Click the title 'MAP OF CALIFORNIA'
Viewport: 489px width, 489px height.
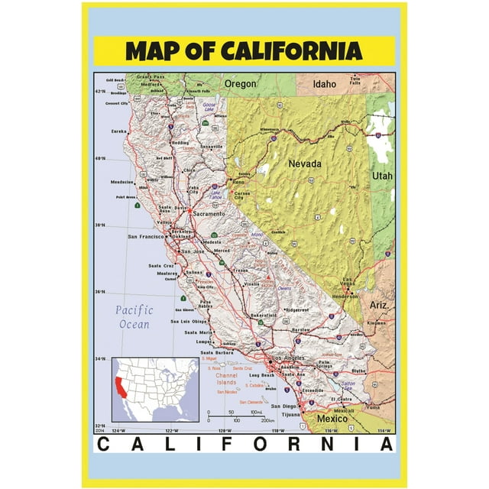[x=244, y=51]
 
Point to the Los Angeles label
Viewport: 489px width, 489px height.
[x=288, y=359]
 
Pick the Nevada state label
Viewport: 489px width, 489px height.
[x=304, y=164]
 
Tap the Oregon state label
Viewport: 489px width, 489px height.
[x=239, y=83]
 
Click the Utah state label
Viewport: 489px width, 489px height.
[x=382, y=176]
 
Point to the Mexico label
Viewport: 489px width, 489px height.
[x=334, y=419]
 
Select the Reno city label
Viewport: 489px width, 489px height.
[x=239, y=183]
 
